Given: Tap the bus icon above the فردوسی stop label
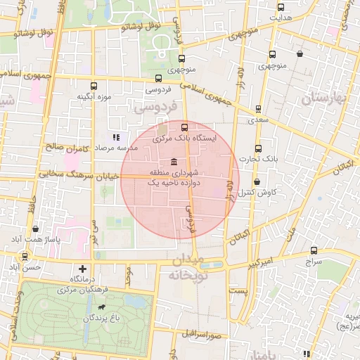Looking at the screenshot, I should (158, 79).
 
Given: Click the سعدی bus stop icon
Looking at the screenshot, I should (258, 109).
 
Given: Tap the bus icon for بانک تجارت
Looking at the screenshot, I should (258, 148).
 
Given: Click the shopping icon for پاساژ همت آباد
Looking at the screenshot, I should (35, 229).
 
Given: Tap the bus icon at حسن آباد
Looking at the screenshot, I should (25, 257).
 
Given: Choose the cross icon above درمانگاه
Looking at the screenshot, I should (84, 269).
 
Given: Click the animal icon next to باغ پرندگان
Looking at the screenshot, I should (103, 307).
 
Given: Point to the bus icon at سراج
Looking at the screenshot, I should (313, 250).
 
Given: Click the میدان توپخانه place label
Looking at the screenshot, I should (187, 269).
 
